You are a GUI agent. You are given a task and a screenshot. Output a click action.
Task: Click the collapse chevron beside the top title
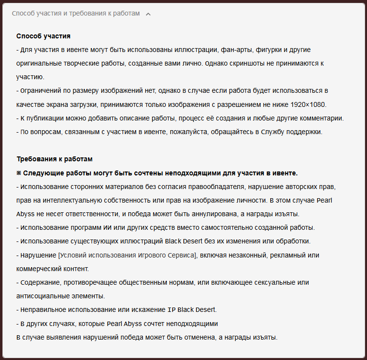click(148, 14)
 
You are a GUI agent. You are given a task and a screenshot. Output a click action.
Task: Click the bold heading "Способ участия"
click(43, 36)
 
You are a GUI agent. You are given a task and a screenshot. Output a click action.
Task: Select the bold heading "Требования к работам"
click(54, 159)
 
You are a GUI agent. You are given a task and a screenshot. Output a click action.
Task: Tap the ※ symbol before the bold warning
click(19, 173)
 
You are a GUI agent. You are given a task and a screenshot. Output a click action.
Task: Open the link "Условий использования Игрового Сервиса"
click(127, 255)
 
